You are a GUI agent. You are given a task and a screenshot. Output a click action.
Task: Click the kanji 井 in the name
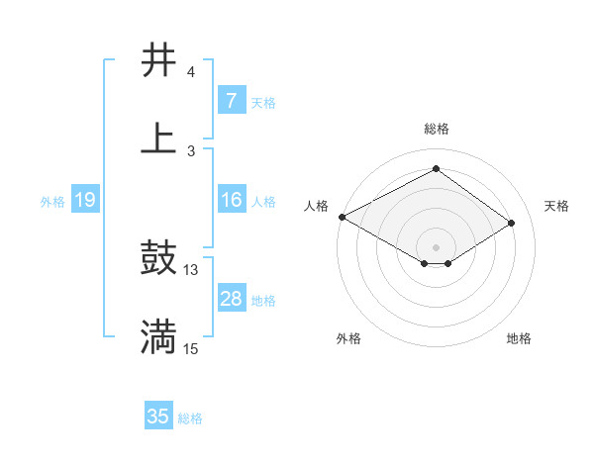(x=159, y=61)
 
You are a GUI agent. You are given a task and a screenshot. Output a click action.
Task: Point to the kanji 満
(x=159, y=337)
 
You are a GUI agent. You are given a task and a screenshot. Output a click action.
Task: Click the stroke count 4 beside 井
(x=191, y=72)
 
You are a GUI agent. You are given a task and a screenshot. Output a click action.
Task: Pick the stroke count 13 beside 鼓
(x=191, y=269)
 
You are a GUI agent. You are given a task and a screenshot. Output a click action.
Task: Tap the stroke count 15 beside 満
(x=191, y=348)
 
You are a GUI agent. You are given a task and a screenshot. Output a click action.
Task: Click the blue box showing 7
(x=232, y=101)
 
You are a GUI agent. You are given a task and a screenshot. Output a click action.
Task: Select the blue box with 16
(x=232, y=201)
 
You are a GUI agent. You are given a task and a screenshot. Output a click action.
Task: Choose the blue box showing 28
(x=232, y=299)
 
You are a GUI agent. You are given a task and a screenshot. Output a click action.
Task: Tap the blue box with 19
(x=84, y=201)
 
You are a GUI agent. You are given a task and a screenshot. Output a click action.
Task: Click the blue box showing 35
(x=158, y=417)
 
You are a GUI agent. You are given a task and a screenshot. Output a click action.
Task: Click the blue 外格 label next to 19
(x=52, y=202)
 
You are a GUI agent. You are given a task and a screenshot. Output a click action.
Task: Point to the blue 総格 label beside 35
(x=190, y=418)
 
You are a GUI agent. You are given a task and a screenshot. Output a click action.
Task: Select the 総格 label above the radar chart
(x=437, y=129)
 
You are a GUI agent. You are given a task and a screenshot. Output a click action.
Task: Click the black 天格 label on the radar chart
(x=556, y=206)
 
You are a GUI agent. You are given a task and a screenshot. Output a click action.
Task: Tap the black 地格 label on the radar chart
(x=519, y=338)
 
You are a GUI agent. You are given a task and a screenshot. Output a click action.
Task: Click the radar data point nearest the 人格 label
(x=342, y=217)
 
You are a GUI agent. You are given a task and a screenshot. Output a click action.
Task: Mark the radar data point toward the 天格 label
(x=512, y=224)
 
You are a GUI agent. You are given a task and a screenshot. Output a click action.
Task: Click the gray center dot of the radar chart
(x=437, y=246)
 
